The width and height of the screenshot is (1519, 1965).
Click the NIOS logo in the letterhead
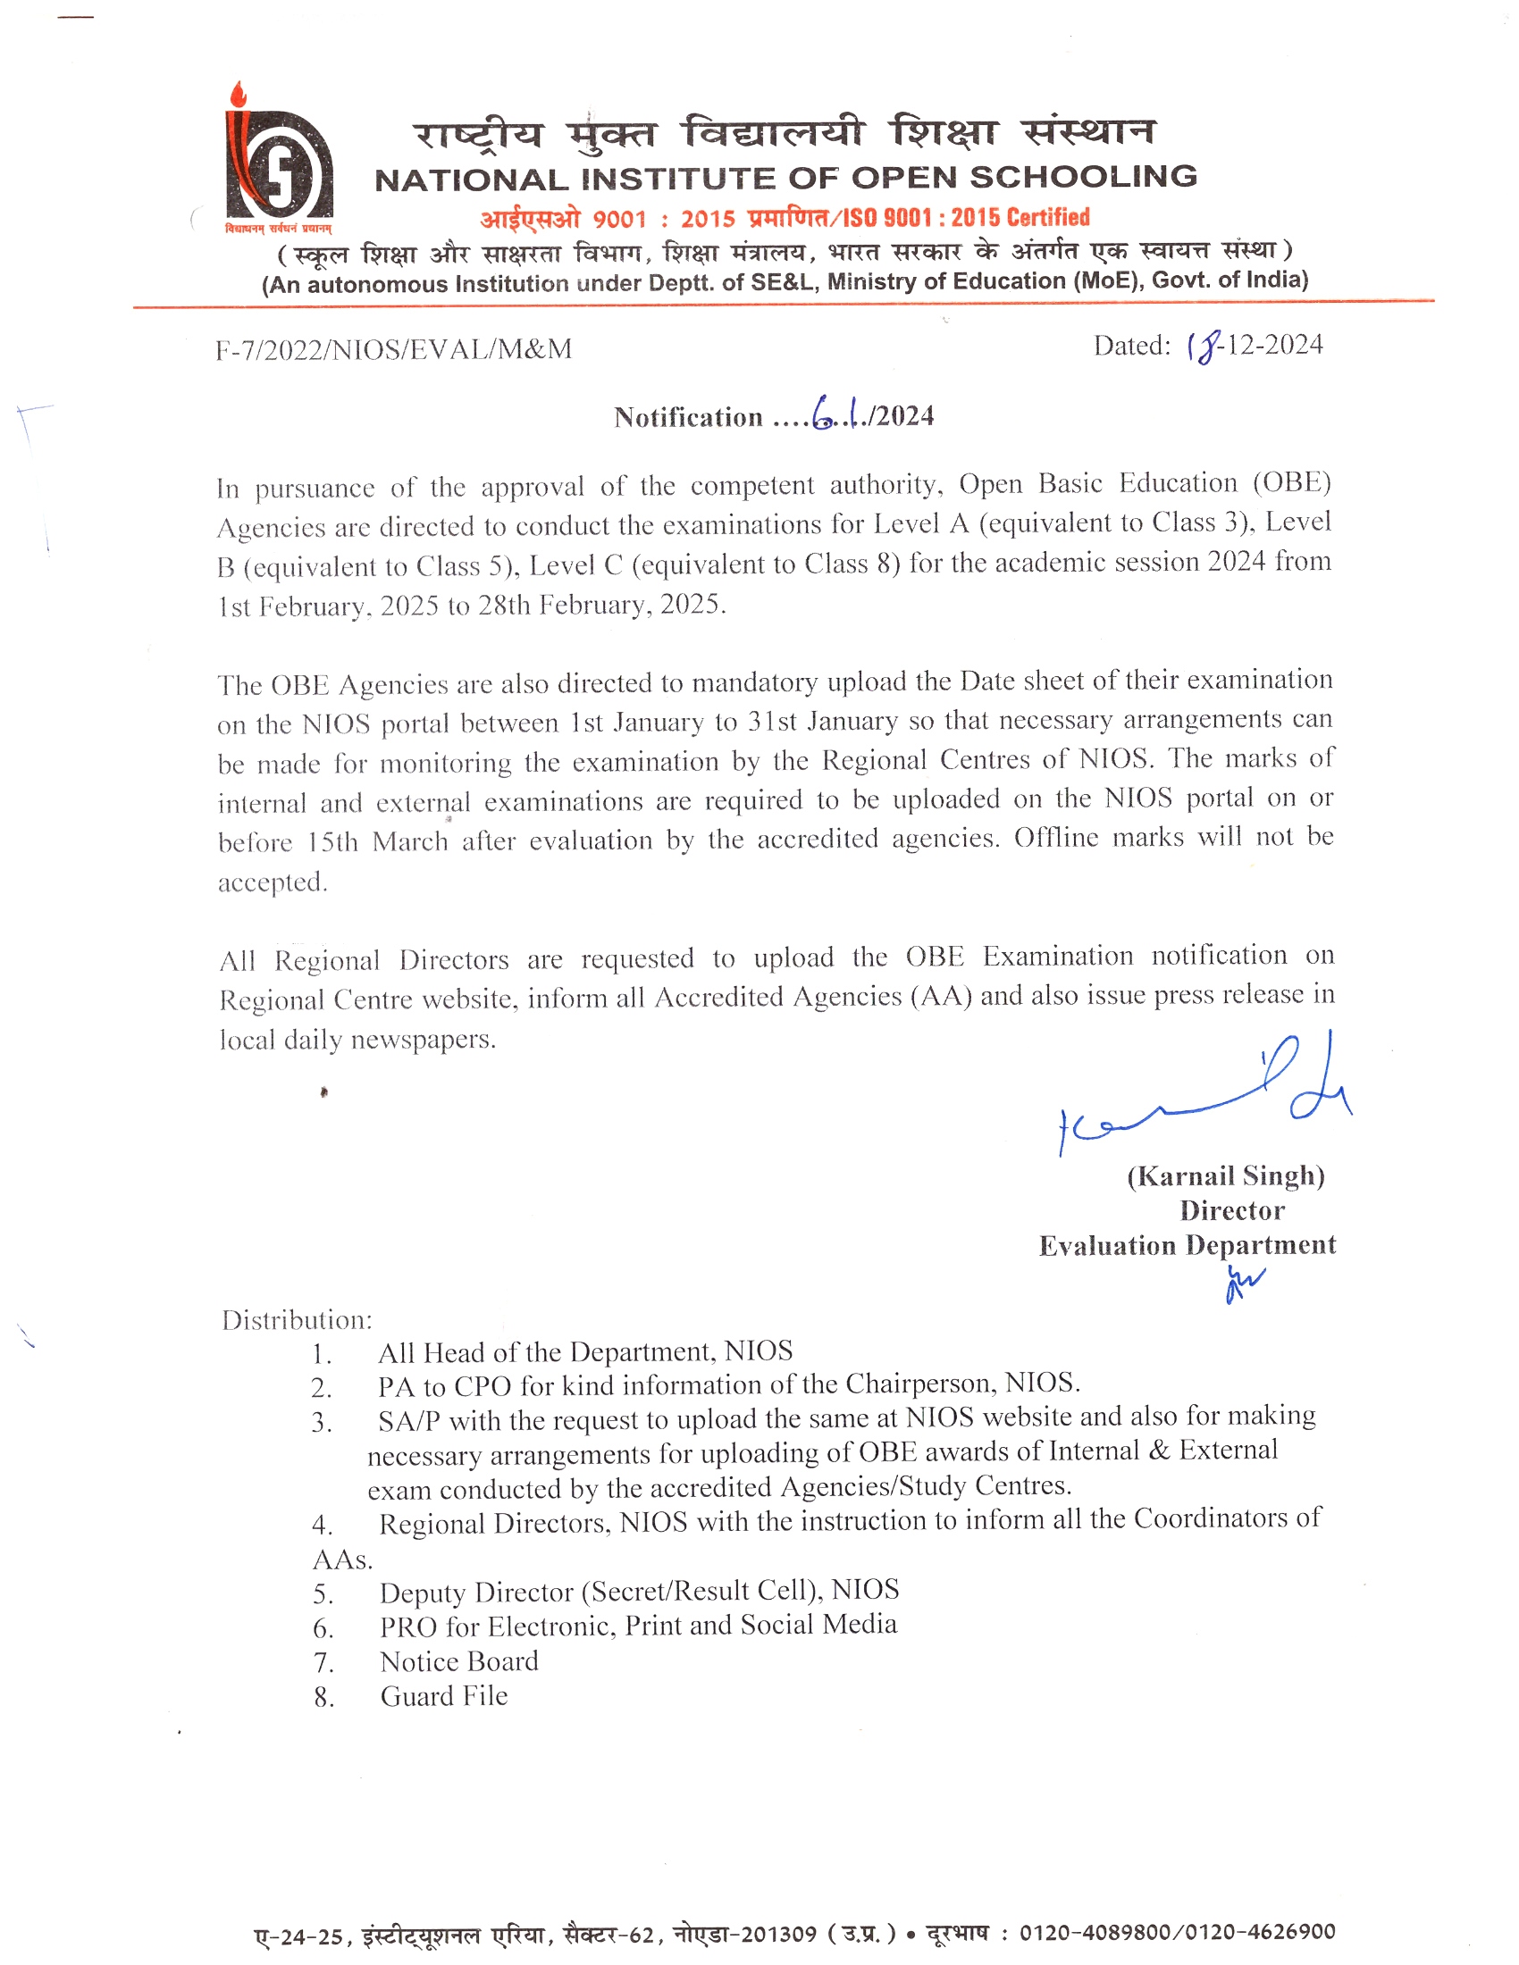point(278,162)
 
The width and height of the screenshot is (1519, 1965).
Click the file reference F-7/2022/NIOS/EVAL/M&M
point(393,349)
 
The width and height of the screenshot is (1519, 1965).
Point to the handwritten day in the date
point(1205,346)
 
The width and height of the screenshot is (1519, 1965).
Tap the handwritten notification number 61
point(834,413)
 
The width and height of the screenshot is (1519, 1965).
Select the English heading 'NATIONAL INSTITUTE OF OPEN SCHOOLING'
point(785,178)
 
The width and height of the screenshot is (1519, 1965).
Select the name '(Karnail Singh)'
point(1226,1176)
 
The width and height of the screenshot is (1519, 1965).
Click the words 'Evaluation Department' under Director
point(1187,1245)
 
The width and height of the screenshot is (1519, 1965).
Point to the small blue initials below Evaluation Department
point(1244,1283)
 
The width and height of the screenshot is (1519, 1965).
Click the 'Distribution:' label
point(297,1320)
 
